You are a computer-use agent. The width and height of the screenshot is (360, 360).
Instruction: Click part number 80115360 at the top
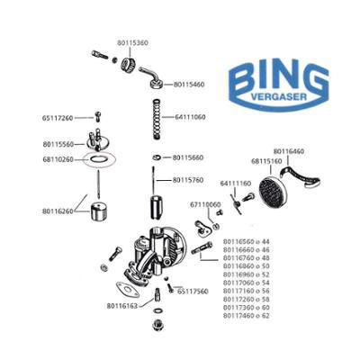tap(132, 43)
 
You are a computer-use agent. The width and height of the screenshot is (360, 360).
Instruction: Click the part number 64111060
tap(190, 117)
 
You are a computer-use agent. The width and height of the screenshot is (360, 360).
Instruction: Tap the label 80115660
tap(189, 157)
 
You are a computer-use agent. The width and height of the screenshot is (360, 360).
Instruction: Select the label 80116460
tap(290, 152)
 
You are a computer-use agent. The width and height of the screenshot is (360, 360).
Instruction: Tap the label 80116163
tap(122, 306)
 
